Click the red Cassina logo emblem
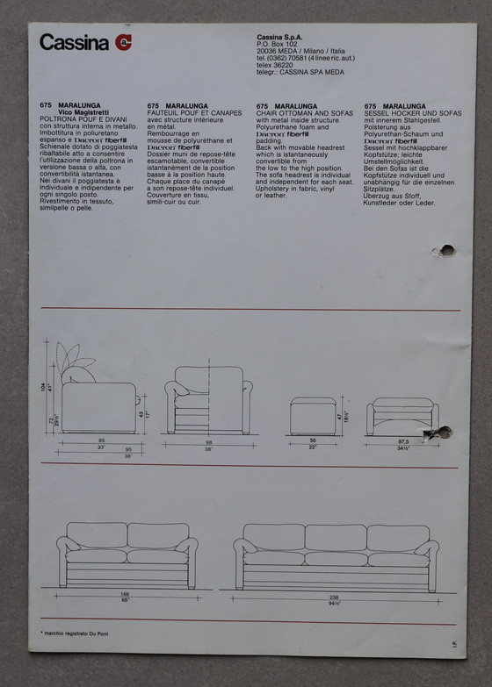pos(122,42)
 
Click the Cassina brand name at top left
pos(74,42)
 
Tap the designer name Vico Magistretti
pos(89,113)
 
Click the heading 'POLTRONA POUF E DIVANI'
pos(84,120)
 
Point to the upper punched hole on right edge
pos(446,250)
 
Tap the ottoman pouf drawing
pos(313,414)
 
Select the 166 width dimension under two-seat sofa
pos(126,594)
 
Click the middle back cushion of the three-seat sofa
pos(336,537)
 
